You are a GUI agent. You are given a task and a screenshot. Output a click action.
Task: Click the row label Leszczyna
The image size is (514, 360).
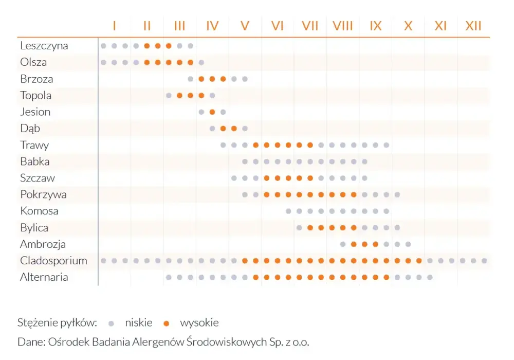(44, 46)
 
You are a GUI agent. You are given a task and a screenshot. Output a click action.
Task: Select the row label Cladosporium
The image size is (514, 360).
(53, 261)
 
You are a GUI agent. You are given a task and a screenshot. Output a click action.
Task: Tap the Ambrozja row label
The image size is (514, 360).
(43, 244)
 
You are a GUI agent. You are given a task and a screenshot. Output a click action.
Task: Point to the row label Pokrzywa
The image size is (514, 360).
(43, 194)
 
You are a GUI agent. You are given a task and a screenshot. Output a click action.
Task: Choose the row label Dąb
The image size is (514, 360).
(30, 129)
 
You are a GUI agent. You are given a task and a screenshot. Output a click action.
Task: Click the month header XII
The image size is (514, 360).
(473, 26)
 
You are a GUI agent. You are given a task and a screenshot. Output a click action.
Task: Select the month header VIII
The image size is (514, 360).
(342, 26)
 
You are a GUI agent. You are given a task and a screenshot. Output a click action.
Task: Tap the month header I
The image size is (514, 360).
(115, 26)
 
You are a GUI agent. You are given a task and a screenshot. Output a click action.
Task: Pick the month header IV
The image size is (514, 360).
(212, 26)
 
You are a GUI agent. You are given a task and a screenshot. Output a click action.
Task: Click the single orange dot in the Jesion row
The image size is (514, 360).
(212, 112)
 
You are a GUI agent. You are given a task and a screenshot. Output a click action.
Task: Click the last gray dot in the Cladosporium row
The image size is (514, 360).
(484, 261)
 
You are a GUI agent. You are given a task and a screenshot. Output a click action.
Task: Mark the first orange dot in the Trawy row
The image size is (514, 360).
(255, 145)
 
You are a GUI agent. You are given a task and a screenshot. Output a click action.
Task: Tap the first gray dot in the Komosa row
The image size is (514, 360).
(288, 211)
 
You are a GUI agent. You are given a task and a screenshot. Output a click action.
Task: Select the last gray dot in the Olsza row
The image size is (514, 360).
(201, 62)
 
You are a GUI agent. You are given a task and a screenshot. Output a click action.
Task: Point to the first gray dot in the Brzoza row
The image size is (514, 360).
(191, 79)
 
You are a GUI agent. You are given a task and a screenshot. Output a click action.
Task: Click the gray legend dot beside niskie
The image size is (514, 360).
(111, 323)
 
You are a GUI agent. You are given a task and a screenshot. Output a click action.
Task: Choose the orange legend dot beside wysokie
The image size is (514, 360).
(166, 323)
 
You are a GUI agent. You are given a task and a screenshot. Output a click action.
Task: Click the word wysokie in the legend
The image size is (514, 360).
(199, 323)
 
